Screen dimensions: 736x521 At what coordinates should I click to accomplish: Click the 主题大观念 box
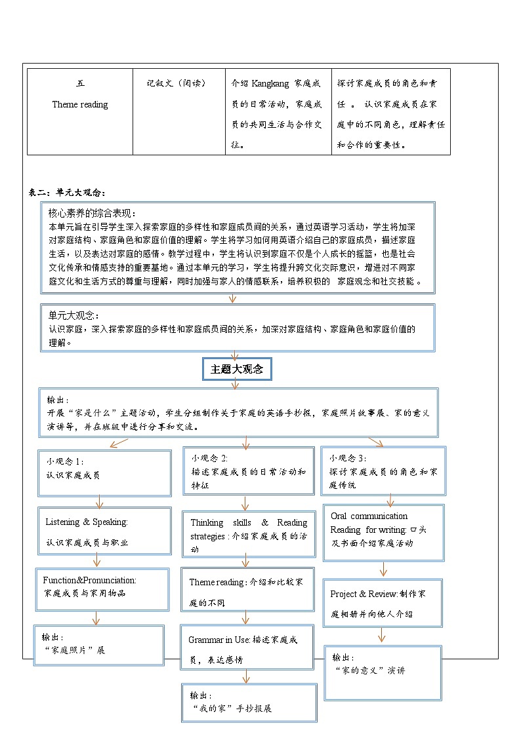236,370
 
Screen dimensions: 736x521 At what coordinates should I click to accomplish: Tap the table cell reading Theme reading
80,104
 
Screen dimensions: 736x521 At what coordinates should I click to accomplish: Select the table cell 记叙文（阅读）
176,83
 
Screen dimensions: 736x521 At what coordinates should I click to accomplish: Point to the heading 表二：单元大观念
67,192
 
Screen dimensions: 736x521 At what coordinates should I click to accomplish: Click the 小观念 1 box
104,473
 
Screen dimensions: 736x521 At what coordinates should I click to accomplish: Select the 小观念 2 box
249,471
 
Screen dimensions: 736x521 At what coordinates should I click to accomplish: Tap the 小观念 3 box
383,471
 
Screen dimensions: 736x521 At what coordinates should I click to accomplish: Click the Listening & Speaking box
104,532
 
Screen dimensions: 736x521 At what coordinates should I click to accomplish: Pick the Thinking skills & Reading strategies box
248,535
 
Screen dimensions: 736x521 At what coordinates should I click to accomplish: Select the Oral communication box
383,532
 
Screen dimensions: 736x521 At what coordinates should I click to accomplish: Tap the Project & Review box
383,603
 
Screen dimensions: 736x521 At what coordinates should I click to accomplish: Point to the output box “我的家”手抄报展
249,702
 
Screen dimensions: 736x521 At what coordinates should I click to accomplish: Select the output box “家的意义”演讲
383,672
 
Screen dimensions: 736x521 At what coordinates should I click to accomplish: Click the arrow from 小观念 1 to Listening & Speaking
99,502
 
